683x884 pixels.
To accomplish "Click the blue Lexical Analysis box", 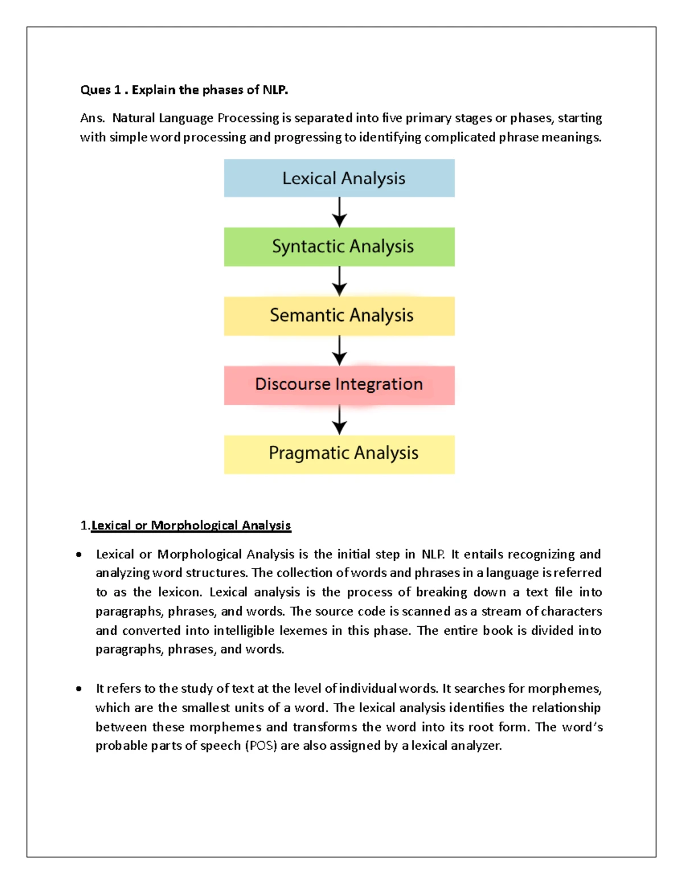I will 339,178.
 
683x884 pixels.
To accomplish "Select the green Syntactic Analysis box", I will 339,246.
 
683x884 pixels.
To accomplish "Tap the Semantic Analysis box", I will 339,315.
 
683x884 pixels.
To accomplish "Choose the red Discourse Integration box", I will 339,385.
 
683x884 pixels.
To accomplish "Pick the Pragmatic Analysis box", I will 339,454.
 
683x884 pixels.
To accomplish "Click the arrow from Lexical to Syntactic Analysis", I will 339,212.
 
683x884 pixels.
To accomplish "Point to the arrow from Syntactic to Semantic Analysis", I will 339,281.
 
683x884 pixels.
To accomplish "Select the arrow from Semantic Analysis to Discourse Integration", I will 339,350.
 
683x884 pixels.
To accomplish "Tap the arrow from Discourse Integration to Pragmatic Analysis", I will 339,420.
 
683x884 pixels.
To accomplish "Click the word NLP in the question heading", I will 275,90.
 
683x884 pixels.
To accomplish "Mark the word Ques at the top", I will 95,90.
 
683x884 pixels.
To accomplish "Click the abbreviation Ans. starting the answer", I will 92,118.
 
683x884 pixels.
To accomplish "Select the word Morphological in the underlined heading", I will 194,525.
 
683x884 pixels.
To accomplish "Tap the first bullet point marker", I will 79,554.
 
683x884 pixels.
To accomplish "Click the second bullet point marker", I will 79,689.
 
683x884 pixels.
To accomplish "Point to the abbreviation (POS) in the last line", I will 261,746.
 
